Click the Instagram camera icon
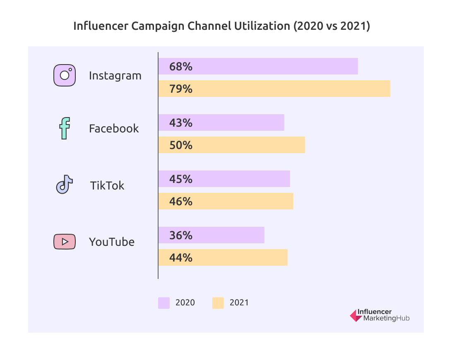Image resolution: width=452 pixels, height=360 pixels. (x=65, y=75)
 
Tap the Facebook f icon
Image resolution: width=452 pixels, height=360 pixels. (x=65, y=128)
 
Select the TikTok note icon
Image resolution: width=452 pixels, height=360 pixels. (x=65, y=185)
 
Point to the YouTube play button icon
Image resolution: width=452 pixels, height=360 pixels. (x=65, y=242)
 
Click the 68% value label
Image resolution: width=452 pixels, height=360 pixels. (x=181, y=67)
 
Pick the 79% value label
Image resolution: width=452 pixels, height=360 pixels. (x=181, y=89)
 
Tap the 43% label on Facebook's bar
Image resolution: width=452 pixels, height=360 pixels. (x=181, y=123)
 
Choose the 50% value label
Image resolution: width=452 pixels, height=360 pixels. (x=181, y=145)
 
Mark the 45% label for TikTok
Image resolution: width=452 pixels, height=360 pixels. (x=181, y=179)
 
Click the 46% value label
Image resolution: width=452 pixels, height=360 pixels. (x=181, y=202)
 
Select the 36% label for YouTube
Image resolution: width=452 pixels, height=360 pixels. (x=181, y=235)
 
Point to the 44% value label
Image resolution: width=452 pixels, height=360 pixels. (x=181, y=258)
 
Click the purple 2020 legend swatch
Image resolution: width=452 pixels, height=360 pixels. (x=164, y=303)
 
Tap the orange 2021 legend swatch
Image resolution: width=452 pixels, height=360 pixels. (x=218, y=303)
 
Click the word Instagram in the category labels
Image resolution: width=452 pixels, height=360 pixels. (x=115, y=76)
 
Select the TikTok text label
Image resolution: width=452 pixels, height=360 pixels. (x=107, y=185)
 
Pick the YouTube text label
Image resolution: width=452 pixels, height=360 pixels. (x=112, y=242)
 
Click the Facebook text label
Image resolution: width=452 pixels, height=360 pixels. (x=114, y=128)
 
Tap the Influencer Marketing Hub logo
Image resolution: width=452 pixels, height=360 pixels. (x=380, y=315)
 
